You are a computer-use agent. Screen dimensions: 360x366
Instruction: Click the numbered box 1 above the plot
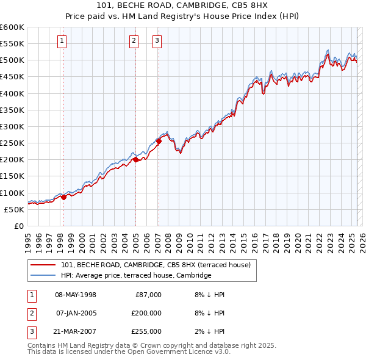(63, 41)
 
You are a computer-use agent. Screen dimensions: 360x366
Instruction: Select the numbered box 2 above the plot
(134, 41)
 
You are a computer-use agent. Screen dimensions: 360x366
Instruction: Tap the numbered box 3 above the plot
(157, 41)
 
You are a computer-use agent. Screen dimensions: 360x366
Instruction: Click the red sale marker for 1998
(63, 197)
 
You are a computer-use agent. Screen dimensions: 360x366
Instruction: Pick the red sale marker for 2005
(135, 160)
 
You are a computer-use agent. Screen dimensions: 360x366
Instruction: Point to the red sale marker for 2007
(159, 142)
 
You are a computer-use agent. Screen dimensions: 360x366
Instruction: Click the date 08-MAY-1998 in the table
(76, 295)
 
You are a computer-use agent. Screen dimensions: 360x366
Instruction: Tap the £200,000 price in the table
(146, 313)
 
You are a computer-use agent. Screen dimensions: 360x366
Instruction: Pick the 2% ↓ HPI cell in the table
(209, 331)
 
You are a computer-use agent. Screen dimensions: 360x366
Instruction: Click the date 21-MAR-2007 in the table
(76, 331)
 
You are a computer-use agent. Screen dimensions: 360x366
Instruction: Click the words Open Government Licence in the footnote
(174, 351)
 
